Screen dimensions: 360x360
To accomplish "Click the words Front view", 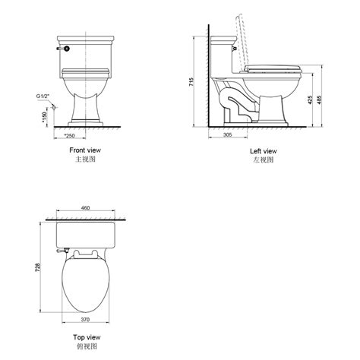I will (x=84, y=151).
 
